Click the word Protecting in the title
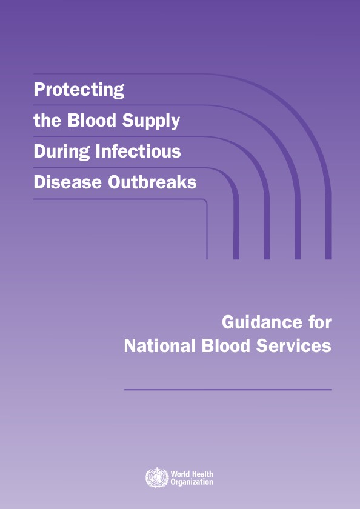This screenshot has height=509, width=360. [79, 90]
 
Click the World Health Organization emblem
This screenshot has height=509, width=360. [156, 477]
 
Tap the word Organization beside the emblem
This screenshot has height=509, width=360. [192, 482]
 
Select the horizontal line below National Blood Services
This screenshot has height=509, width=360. [228, 390]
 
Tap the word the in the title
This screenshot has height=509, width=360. [46, 121]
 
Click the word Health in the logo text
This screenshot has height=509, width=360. [203, 474]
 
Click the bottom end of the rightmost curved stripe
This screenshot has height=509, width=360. [328, 257]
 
